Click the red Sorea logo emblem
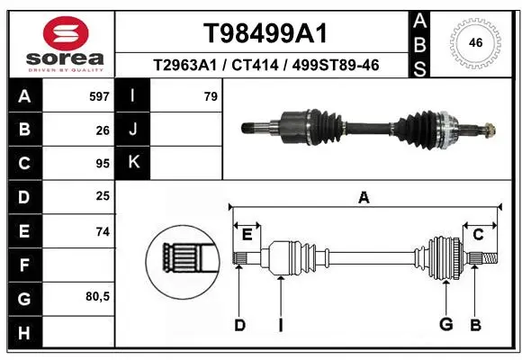point(66,33)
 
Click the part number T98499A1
point(265,33)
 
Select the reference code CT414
point(255,65)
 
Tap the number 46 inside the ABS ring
point(475,42)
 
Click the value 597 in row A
point(99,96)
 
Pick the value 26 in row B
point(103,130)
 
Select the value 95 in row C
point(103,164)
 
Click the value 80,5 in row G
point(97,296)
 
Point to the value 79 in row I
point(211,96)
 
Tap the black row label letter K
point(133,162)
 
